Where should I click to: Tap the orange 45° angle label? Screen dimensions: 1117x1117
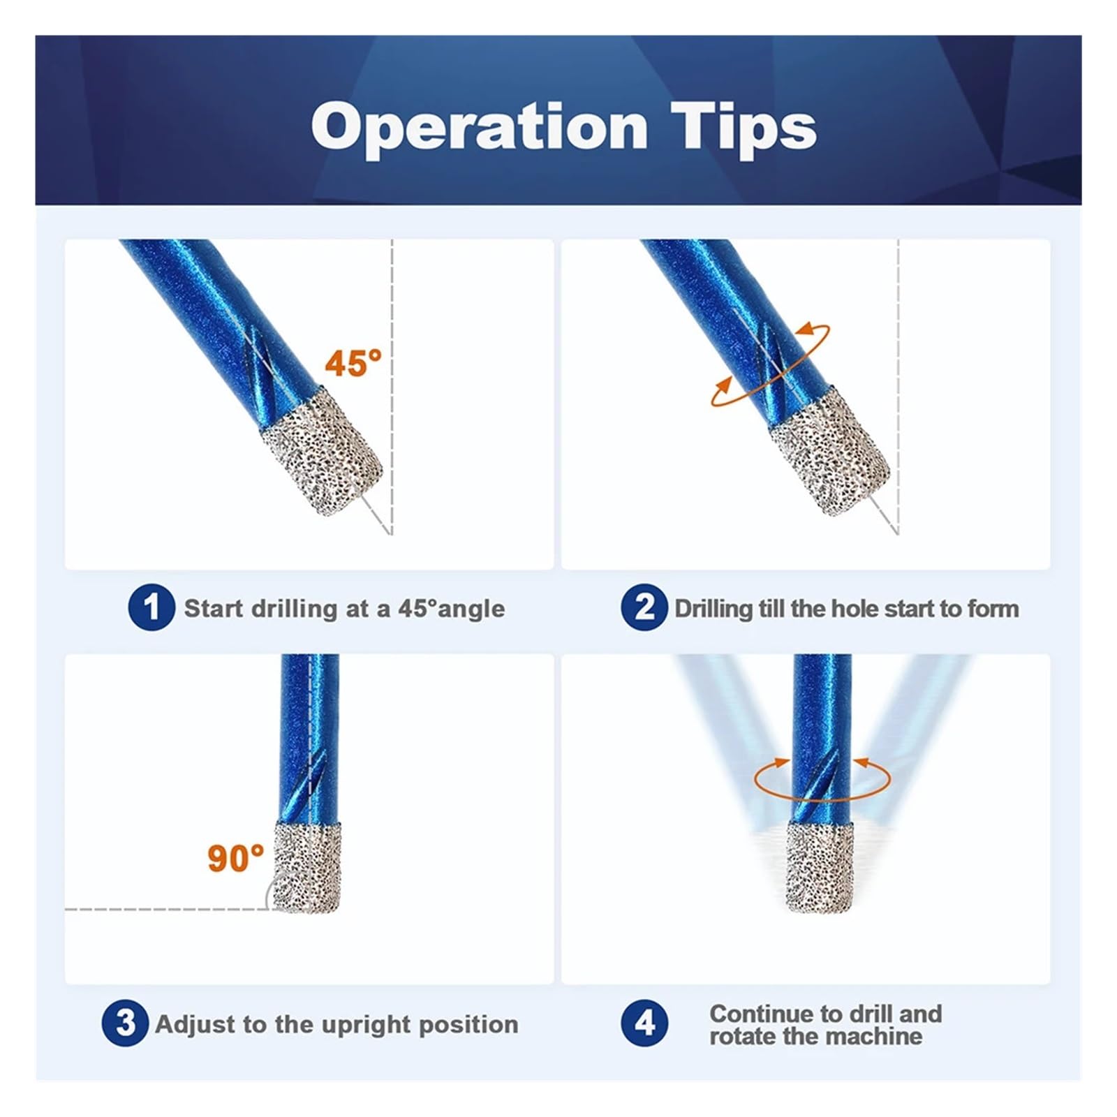click(x=353, y=363)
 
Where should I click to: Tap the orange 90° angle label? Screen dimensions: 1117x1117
click(x=236, y=858)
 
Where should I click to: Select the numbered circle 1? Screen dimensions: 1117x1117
click(x=151, y=607)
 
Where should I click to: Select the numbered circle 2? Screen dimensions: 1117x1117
click(x=644, y=607)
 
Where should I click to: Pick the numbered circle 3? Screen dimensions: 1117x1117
click(x=125, y=1023)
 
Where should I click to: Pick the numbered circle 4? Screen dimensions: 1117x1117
click(x=644, y=1023)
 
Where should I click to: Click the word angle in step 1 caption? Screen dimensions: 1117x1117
click(x=470, y=609)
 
